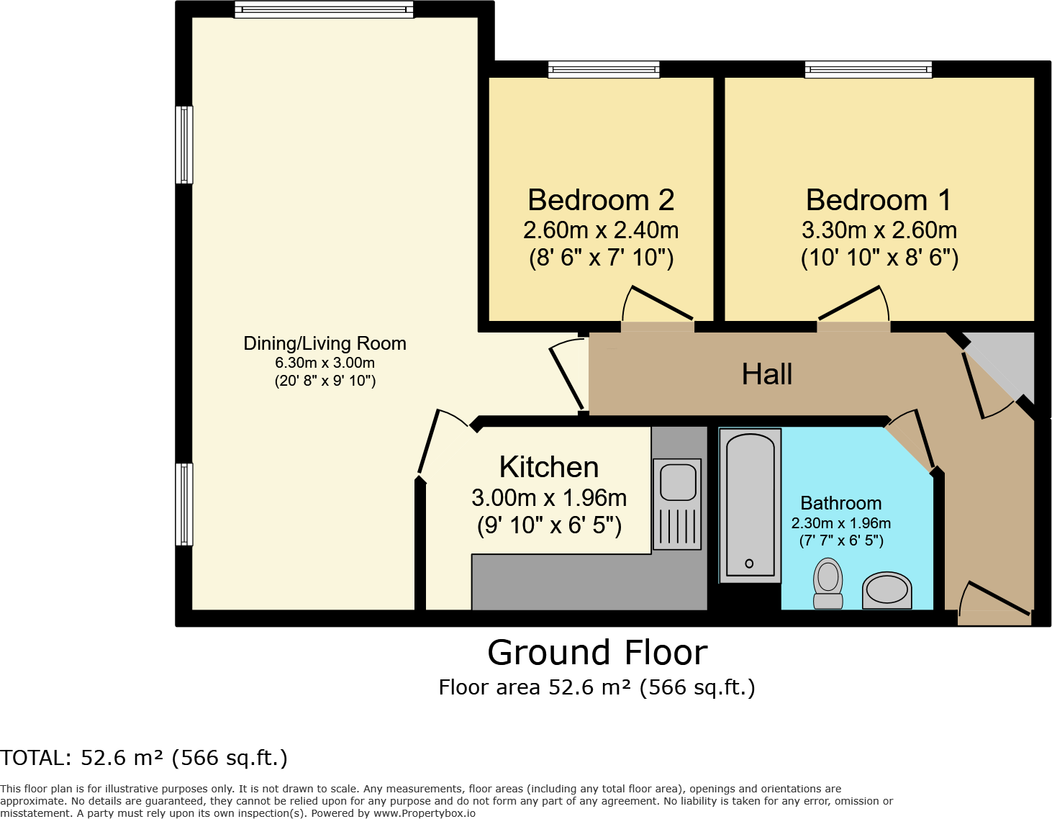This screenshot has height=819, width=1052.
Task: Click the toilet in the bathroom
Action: [x=827, y=583]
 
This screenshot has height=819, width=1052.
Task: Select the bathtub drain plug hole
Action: [x=749, y=564]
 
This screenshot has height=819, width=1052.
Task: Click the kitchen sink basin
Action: [x=678, y=482]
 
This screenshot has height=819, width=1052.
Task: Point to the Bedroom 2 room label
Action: [x=601, y=200]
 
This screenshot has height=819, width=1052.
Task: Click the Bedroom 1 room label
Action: [x=879, y=200]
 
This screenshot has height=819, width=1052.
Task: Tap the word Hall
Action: [x=767, y=374]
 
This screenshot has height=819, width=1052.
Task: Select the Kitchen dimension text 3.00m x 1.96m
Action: [x=549, y=497]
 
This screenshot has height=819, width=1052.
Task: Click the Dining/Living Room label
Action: [x=325, y=343]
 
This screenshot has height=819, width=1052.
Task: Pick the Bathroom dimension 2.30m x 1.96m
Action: [x=841, y=523]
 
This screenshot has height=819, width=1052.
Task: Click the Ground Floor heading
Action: [x=597, y=653]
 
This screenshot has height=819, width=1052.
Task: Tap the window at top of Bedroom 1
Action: [x=869, y=69]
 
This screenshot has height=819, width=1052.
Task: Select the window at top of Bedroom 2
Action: [x=604, y=69]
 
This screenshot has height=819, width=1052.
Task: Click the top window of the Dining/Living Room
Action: [x=324, y=9]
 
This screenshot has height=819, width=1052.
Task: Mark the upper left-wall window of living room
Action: [x=184, y=145]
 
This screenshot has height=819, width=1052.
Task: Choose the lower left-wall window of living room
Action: [x=184, y=504]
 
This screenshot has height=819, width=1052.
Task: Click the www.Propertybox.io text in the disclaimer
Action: [x=424, y=813]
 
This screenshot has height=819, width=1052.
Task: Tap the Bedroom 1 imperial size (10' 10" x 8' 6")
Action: [x=879, y=258]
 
